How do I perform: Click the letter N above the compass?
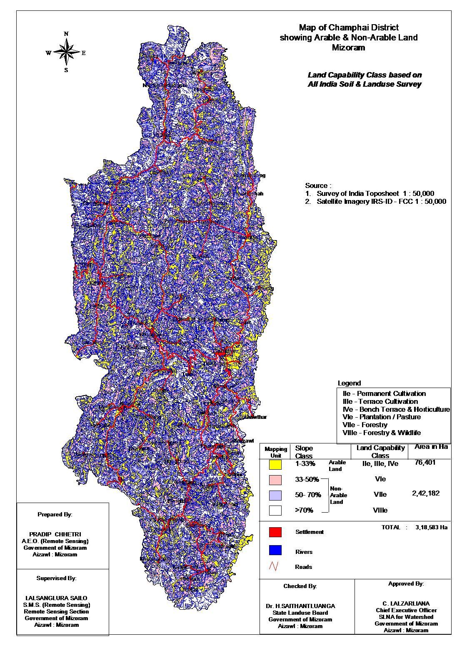click(x=66, y=34)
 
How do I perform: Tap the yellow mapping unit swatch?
click(x=275, y=464)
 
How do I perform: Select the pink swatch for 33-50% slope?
click(x=275, y=480)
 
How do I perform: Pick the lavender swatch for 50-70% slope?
click(x=275, y=495)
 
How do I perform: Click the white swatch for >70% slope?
click(x=275, y=510)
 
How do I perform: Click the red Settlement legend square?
click(x=275, y=532)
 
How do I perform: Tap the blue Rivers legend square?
click(x=275, y=551)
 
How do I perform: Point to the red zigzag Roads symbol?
click(x=274, y=566)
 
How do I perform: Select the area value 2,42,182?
click(x=425, y=493)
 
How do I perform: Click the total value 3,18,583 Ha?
click(x=431, y=527)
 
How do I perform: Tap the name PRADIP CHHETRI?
click(x=55, y=534)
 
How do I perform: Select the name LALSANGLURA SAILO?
click(x=56, y=598)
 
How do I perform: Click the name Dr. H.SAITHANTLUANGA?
click(x=300, y=606)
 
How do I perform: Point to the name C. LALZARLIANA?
click(x=406, y=603)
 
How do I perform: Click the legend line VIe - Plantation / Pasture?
click(x=381, y=417)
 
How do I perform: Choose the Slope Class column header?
click(x=304, y=452)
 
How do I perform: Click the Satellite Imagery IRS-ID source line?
click(x=381, y=201)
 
